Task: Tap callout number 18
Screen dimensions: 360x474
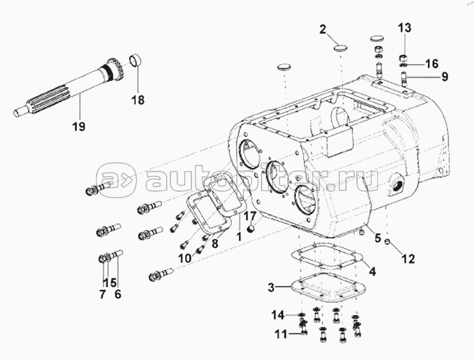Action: (138, 100)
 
